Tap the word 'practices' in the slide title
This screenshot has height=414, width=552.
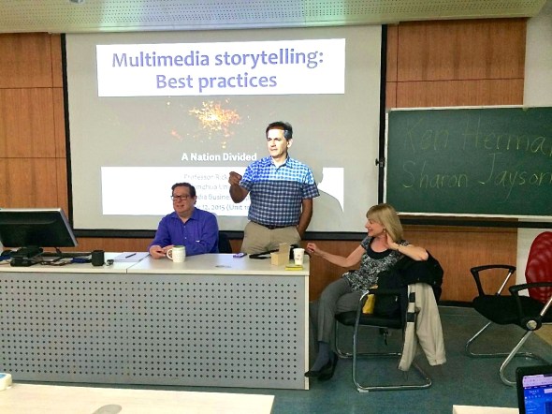[x=233, y=81]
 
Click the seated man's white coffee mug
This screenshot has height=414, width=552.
[x=176, y=253]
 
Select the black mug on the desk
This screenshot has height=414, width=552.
[x=97, y=257]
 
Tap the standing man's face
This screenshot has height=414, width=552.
[x=279, y=141]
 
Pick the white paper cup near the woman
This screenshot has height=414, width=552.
[x=298, y=256]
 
